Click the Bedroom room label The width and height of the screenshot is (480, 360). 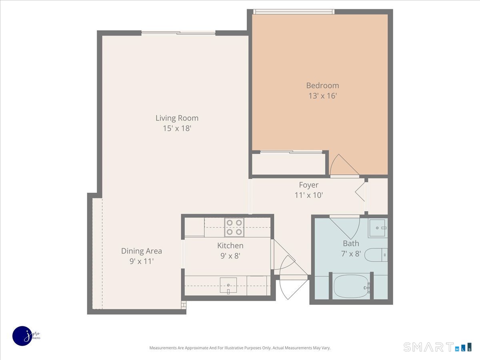322,85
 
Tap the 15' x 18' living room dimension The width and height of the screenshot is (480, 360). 177,128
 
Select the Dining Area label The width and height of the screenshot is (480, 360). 142,251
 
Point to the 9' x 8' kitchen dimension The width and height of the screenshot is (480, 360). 230,256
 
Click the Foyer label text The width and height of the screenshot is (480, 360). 309,185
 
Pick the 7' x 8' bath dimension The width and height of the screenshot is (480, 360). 351,254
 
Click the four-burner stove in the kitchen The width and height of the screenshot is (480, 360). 234,227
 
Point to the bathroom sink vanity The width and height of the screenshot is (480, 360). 378,228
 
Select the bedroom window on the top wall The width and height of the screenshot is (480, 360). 294,12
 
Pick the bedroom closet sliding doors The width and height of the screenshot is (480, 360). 291,152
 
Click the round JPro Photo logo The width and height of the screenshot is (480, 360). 22,336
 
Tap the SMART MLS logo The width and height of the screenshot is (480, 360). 437,347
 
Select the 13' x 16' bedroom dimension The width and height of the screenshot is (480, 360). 322,96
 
